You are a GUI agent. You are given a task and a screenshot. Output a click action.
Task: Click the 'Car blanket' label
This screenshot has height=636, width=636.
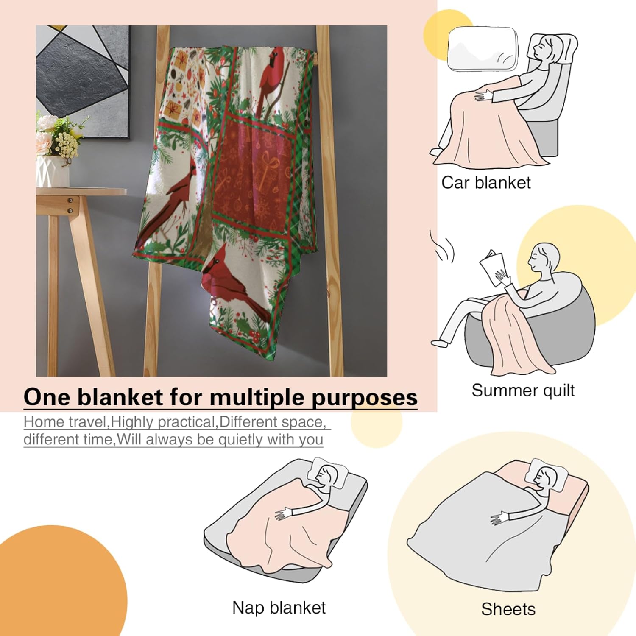click(486, 183)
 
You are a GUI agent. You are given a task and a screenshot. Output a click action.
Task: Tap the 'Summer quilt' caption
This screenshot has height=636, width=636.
click(523, 390)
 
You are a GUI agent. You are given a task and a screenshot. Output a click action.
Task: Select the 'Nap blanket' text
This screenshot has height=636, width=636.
click(279, 608)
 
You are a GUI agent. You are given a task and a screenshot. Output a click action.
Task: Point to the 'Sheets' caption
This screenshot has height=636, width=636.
click(508, 609)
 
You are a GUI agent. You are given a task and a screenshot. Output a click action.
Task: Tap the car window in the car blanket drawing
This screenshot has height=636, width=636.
click(483, 49)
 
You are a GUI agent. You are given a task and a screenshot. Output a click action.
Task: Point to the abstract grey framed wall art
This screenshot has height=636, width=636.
click(83, 78)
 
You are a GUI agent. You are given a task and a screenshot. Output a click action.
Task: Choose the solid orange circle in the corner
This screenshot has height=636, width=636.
click(55, 589)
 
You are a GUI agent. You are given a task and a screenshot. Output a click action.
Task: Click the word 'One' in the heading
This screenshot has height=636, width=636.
click(47, 397)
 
